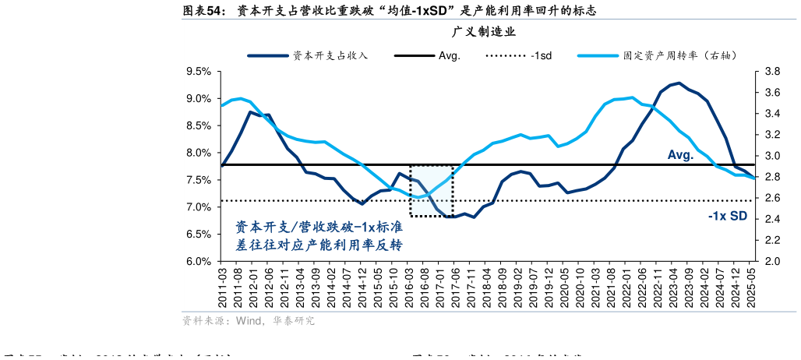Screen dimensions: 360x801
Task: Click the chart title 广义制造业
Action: point(484,32)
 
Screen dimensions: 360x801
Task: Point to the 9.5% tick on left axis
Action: point(199,72)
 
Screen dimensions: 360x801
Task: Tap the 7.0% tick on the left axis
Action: point(199,207)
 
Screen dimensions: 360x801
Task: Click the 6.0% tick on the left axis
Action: point(199,262)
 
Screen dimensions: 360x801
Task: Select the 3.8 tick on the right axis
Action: point(771,72)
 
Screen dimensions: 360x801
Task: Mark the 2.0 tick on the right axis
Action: point(771,262)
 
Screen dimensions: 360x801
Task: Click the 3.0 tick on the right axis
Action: point(771,156)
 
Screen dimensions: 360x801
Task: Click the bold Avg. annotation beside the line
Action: point(680,155)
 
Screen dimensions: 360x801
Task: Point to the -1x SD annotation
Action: point(727,217)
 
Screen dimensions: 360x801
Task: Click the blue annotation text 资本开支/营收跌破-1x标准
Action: point(319,228)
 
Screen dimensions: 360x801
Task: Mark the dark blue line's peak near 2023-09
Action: point(679,83)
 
